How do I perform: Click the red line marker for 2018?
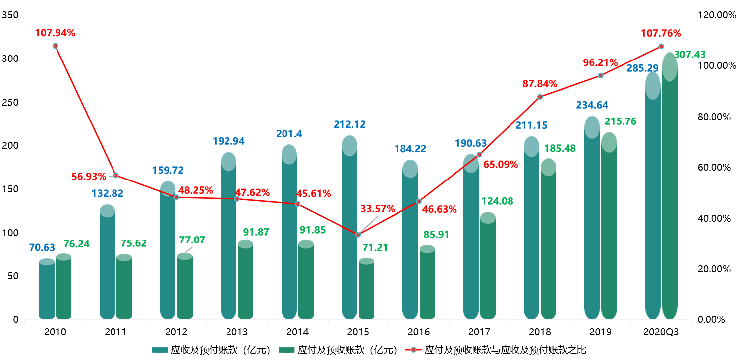click(x=540, y=97)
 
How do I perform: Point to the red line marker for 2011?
click(x=115, y=176)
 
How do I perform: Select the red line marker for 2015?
click(x=358, y=234)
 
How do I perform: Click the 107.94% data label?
click(x=55, y=33)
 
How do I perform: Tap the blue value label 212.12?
click(x=349, y=124)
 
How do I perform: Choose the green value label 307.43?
click(x=689, y=55)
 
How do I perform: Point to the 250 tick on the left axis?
click(x=10, y=103)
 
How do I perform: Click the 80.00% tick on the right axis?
click(x=714, y=117)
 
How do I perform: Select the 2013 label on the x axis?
click(x=237, y=331)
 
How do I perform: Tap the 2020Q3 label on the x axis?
click(x=661, y=331)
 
